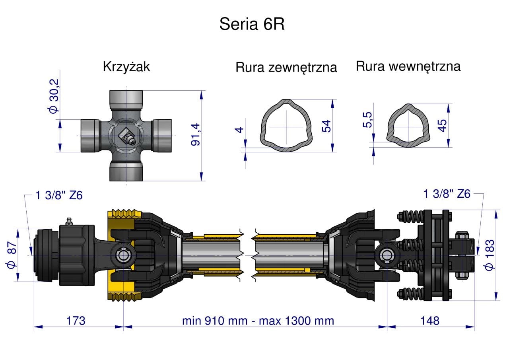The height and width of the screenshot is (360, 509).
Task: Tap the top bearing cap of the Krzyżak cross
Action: point(126,99)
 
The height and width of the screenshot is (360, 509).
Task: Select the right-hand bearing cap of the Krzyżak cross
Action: point(162,136)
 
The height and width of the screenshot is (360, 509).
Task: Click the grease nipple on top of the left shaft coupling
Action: point(69,221)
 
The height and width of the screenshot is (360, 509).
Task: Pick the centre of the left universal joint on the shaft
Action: point(123,255)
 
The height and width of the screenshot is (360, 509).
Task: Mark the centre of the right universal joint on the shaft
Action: point(387,255)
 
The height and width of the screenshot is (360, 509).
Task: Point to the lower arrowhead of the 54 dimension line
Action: point(332,148)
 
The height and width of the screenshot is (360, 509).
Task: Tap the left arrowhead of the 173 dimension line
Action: point(38,327)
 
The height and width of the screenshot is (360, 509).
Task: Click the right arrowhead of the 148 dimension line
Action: point(470,327)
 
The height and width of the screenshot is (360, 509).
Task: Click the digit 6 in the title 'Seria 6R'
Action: point(268,24)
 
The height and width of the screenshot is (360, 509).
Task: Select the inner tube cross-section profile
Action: point(408,126)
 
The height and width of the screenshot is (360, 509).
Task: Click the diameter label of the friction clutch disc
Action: point(489,255)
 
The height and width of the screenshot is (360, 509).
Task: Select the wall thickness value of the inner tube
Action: point(367,120)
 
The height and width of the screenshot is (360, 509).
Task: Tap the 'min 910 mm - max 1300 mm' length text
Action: point(258,321)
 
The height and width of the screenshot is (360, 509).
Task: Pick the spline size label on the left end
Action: point(59,195)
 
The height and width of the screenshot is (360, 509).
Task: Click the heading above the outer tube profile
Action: point(286,67)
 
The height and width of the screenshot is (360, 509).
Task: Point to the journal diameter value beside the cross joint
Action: point(54,96)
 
